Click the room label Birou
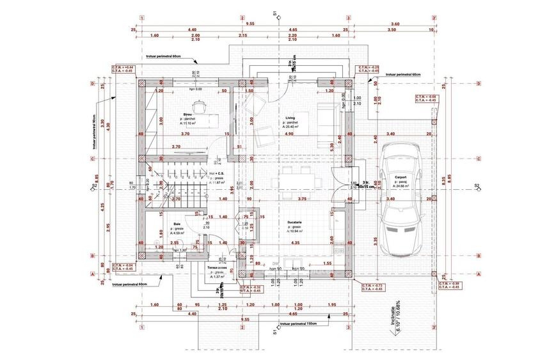(x=187, y=113)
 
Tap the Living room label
(x=290, y=118)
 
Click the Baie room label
(x=177, y=224)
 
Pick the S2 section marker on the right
(x=476, y=185)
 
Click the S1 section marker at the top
(x=274, y=13)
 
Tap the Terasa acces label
(x=217, y=267)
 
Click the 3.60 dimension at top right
(x=394, y=24)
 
